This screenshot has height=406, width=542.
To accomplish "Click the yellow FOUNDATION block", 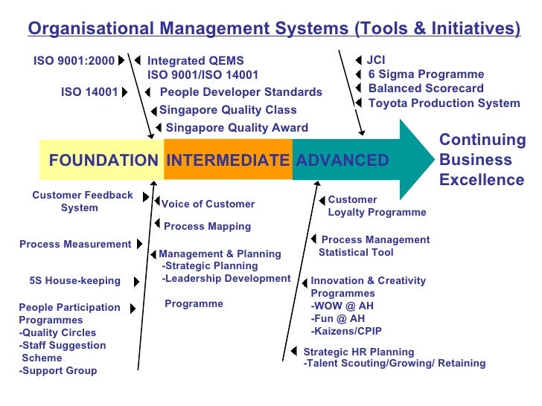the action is [x=102, y=160].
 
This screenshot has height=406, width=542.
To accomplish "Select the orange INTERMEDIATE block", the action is [x=227, y=160].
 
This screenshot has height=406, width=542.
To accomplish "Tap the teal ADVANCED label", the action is [x=342, y=160].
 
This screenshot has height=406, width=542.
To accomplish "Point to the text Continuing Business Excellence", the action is [x=482, y=160].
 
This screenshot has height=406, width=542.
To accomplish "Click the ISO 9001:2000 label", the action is [x=74, y=60].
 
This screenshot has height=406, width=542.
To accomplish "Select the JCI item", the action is [x=376, y=59].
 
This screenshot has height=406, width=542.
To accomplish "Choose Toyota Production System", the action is [x=444, y=103].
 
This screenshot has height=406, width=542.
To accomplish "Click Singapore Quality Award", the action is [x=237, y=128].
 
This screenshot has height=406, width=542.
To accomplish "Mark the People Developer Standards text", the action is [x=241, y=92].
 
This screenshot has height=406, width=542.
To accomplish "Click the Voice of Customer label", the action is [x=208, y=204].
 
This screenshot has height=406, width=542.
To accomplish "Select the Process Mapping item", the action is [x=207, y=226].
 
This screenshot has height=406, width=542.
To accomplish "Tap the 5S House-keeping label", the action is [x=74, y=281].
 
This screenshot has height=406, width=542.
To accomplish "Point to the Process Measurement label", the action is [x=75, y=244].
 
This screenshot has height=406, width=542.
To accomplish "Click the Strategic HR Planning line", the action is [x=359, y=352].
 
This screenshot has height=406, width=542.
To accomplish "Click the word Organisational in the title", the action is [x=91, y=28].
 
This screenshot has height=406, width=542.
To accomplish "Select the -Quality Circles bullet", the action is [x=57, y=332].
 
